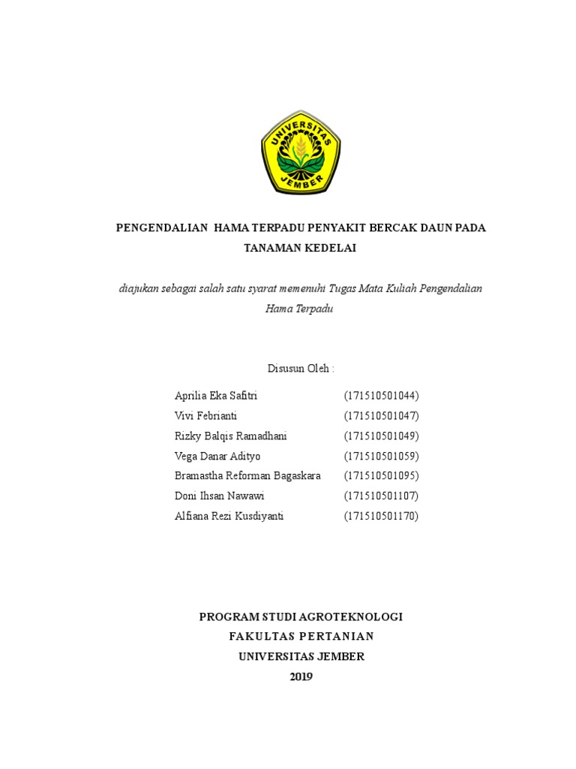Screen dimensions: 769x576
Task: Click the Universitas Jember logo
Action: pos(301,152)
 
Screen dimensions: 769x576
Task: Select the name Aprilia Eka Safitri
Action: pos(216,396)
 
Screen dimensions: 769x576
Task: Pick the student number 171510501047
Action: pos(381,416)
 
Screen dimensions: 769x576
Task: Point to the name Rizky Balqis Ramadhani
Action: pos(230,436)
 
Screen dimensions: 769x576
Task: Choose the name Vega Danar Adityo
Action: pos(217,456)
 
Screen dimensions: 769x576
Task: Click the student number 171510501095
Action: pos(381,476)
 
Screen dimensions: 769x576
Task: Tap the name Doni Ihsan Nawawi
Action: pos(219,496)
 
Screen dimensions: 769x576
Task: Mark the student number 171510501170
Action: pos(381,516)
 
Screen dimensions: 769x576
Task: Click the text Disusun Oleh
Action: pos(300,368)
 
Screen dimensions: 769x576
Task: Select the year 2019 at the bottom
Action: pos(301,677)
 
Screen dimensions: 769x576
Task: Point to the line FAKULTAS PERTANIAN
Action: pos(301,637)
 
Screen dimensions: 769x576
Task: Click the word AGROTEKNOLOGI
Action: pos(352,617)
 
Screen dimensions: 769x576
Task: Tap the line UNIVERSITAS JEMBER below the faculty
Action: pos(301,656)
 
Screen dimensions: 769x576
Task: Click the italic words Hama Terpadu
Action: pos(298,308)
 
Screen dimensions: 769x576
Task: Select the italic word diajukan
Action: pos(139,288)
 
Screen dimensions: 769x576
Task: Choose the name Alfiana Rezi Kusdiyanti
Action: pos(229,516)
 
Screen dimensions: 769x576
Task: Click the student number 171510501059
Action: pos(381,456)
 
